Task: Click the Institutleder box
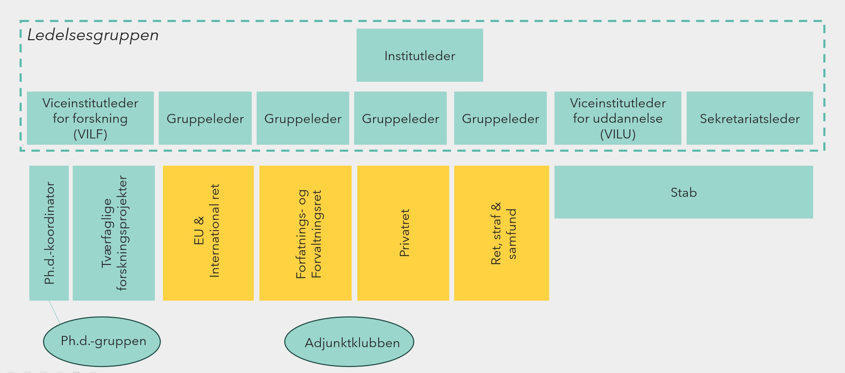pyautogui.click(x=420, y=55)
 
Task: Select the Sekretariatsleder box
pyautogui.click(x=750, y=118)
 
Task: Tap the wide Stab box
pyautogui.click(x=683, y=192)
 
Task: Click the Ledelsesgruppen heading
pyautogui.click(x=93, y=35)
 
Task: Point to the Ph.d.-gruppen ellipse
pyautogui.click(x=102, y=341)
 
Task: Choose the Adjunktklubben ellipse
pyautogui.click(x=349, y=342)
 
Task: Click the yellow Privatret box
pyautogui.click(x=403, y=233)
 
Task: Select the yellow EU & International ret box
pyautogui.click(x=208, y=233)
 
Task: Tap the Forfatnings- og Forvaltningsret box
pyautogui.click(x=305, y=233)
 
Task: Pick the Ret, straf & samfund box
pyautogui.click(x=501, y=233)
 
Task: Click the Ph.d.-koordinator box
pyautogui.click(x=49, y=233)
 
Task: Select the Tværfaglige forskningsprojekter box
pyautogui.click(x=114, y=233)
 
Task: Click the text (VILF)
pyautogui.click(x=90, y=134)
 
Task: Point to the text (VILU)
pyautogui.click(x=618, y=134)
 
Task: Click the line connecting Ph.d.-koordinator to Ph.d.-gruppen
pyautogui.click(x=55, y=312)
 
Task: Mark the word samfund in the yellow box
pyautogui.click(x=511, y=234)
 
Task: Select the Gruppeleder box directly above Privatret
pyautogui.click(x=400, y=118)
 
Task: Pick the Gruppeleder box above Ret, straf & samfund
pyautogui.click(x=500, y=118)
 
